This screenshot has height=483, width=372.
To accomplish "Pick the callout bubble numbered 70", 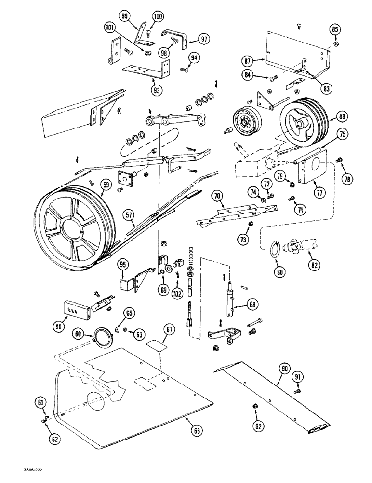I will tap(217, 196).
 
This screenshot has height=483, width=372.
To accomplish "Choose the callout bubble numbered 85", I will tap(335, 29).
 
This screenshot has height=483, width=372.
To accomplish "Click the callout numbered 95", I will tap(123, 264).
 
